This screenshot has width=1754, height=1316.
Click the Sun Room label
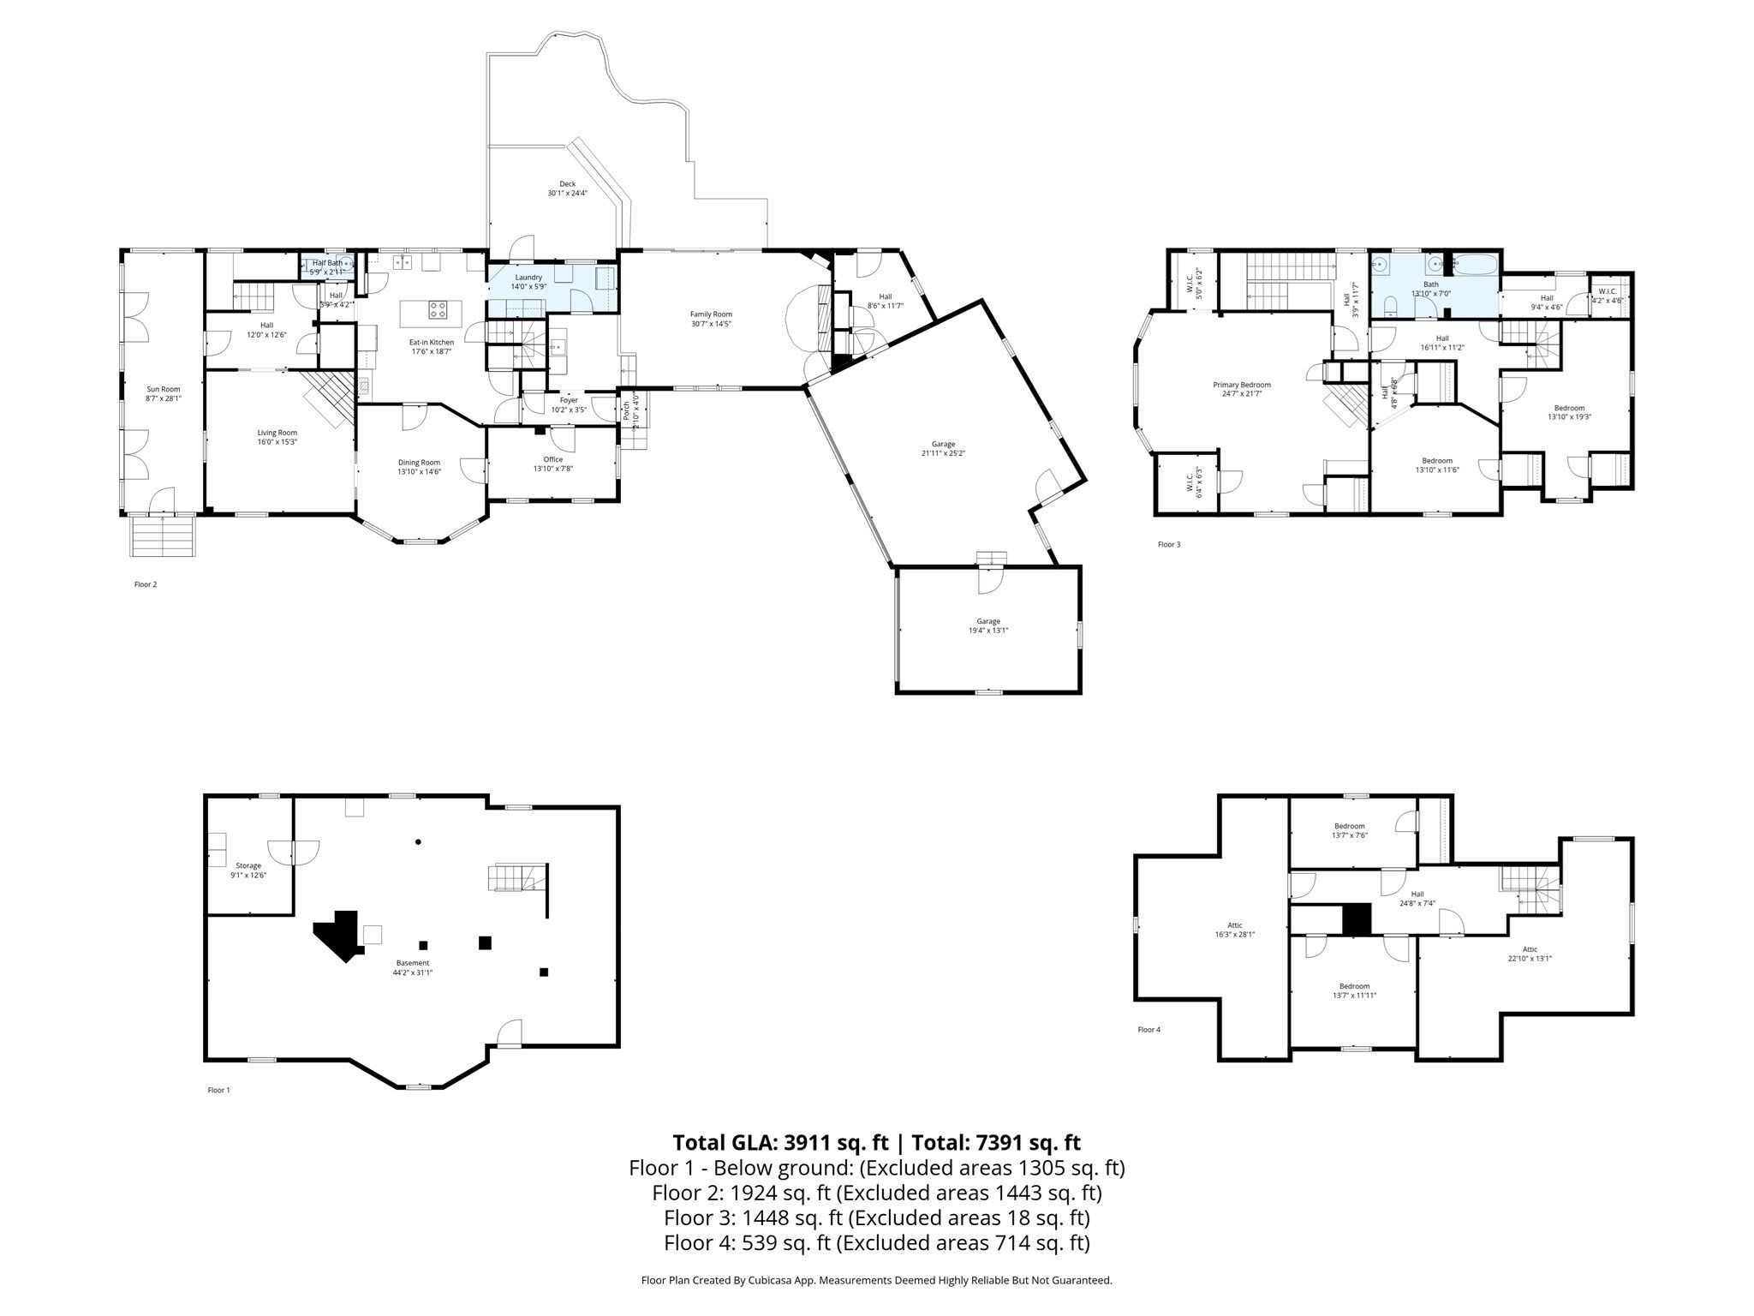(164, 389)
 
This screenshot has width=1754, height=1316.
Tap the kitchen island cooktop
(438, 309)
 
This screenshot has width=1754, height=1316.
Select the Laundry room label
(528, 278)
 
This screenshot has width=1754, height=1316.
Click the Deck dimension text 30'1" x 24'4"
(567, 194)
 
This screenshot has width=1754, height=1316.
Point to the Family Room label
(711, 314)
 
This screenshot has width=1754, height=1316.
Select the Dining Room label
(419, 463)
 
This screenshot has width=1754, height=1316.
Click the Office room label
(552, 459)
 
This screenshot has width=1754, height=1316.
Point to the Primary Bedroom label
(1241, 385)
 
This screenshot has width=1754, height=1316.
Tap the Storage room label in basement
(248, 866)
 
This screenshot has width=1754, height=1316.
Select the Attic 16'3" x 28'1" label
(1234, 925)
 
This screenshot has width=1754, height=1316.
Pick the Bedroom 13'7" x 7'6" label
(1349, 826)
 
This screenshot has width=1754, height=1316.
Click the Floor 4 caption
(1148, 1030)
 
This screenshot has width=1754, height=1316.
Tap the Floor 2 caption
(145, 584)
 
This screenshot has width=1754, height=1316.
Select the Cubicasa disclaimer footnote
(876, 1281)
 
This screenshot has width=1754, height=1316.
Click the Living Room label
(277, 433)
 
